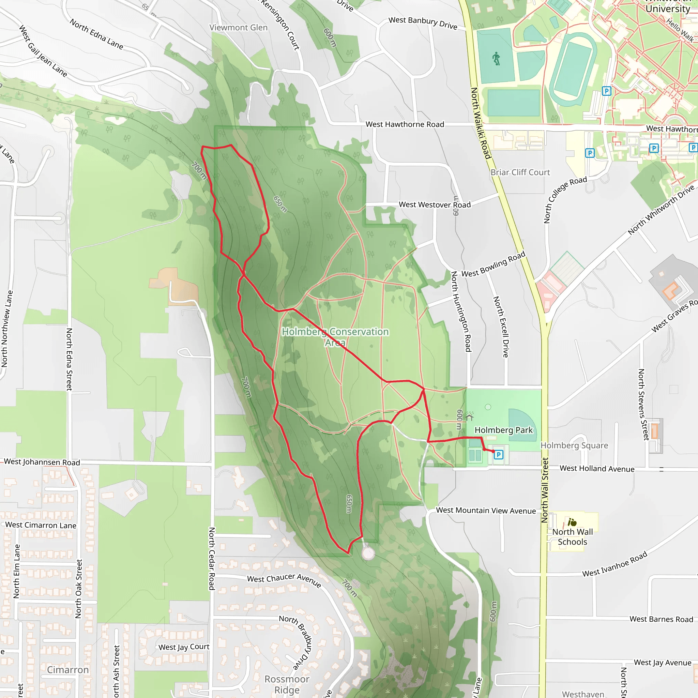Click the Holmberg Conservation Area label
pyautogui.click(x=335, y=336)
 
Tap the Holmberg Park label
pyautogui.click(x=503, y=430)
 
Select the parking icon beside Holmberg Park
pyautogui.click(x=498, y=455)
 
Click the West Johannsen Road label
pyautogui.click(x=42, y=462)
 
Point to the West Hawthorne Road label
pyautogui.click(x=405, y=124)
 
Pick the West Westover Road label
pyautogui.click(x=435, y=204)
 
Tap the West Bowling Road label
pyautogui.click(x=493, y=264)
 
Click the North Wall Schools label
pyautogui.click(x=572, y=537)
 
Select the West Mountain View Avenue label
pyautogui.click(x=486, y=511)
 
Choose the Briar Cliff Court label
pyautogui.click(x=520, y=172)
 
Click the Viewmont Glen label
pyautogui.click(x=239, y=28)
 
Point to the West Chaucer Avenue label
pyautogui.click(x=284, y=580)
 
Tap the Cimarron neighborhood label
pyautogui.click(x=68, y=670)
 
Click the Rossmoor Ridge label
pyautogui.click(x=287, y=684)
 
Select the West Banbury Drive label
pyautogui.click(x=423, y=22)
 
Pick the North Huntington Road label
pyautogui.click(x=461, y=312)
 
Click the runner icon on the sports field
pyautogui.click(x=496, y=58)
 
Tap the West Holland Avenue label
pyautogui.click(x=597, y=469)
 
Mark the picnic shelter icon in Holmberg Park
pyautogui.click(x=469, y=416)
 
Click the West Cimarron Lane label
pyautogui.click(x=41, y=525)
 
